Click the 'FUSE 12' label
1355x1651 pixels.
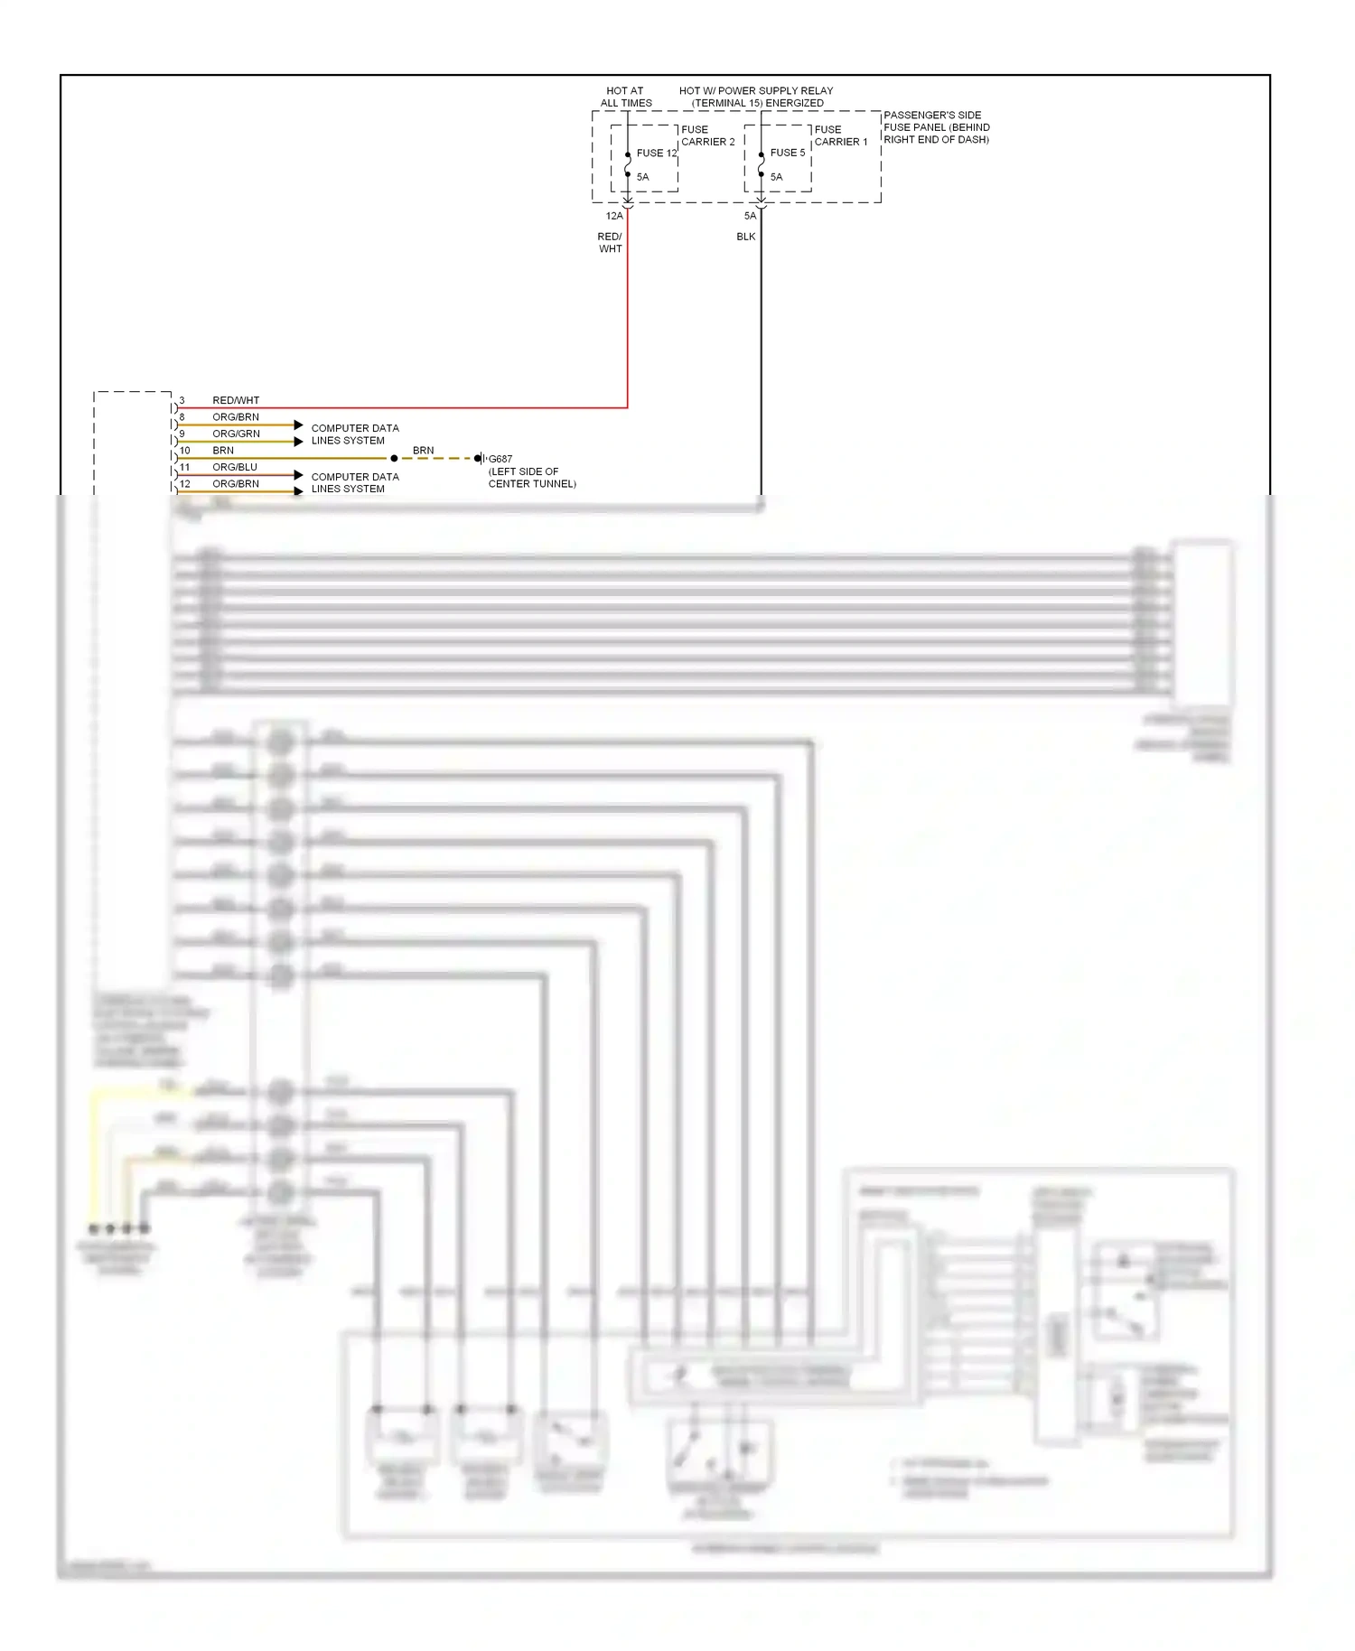(656, 154)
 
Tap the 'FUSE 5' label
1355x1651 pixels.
(787, 153)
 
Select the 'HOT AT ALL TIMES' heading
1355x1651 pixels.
(625, 97)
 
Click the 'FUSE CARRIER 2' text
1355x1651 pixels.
(707, 135)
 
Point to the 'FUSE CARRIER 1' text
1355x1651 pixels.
(840, 135)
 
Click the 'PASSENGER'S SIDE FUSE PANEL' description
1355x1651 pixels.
(936, 127)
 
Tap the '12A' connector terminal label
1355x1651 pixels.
(614, 216)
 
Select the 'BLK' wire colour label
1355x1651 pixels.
(745, 237)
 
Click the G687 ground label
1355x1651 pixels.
(500, 459)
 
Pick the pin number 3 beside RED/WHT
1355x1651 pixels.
(182, 400)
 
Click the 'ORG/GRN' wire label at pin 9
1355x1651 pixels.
(236, 434)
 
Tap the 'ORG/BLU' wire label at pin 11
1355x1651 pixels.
(235, 467)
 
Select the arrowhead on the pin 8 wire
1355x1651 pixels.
(298, 424)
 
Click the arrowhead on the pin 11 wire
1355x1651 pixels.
(298, 474)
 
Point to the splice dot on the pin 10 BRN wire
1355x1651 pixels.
(394, 459)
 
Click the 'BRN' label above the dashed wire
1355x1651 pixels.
(423, 450)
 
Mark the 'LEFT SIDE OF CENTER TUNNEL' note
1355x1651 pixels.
(531, 478)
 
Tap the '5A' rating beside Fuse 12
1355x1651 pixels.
(642, 177)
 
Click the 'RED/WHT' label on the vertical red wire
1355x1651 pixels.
(610, 242)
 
